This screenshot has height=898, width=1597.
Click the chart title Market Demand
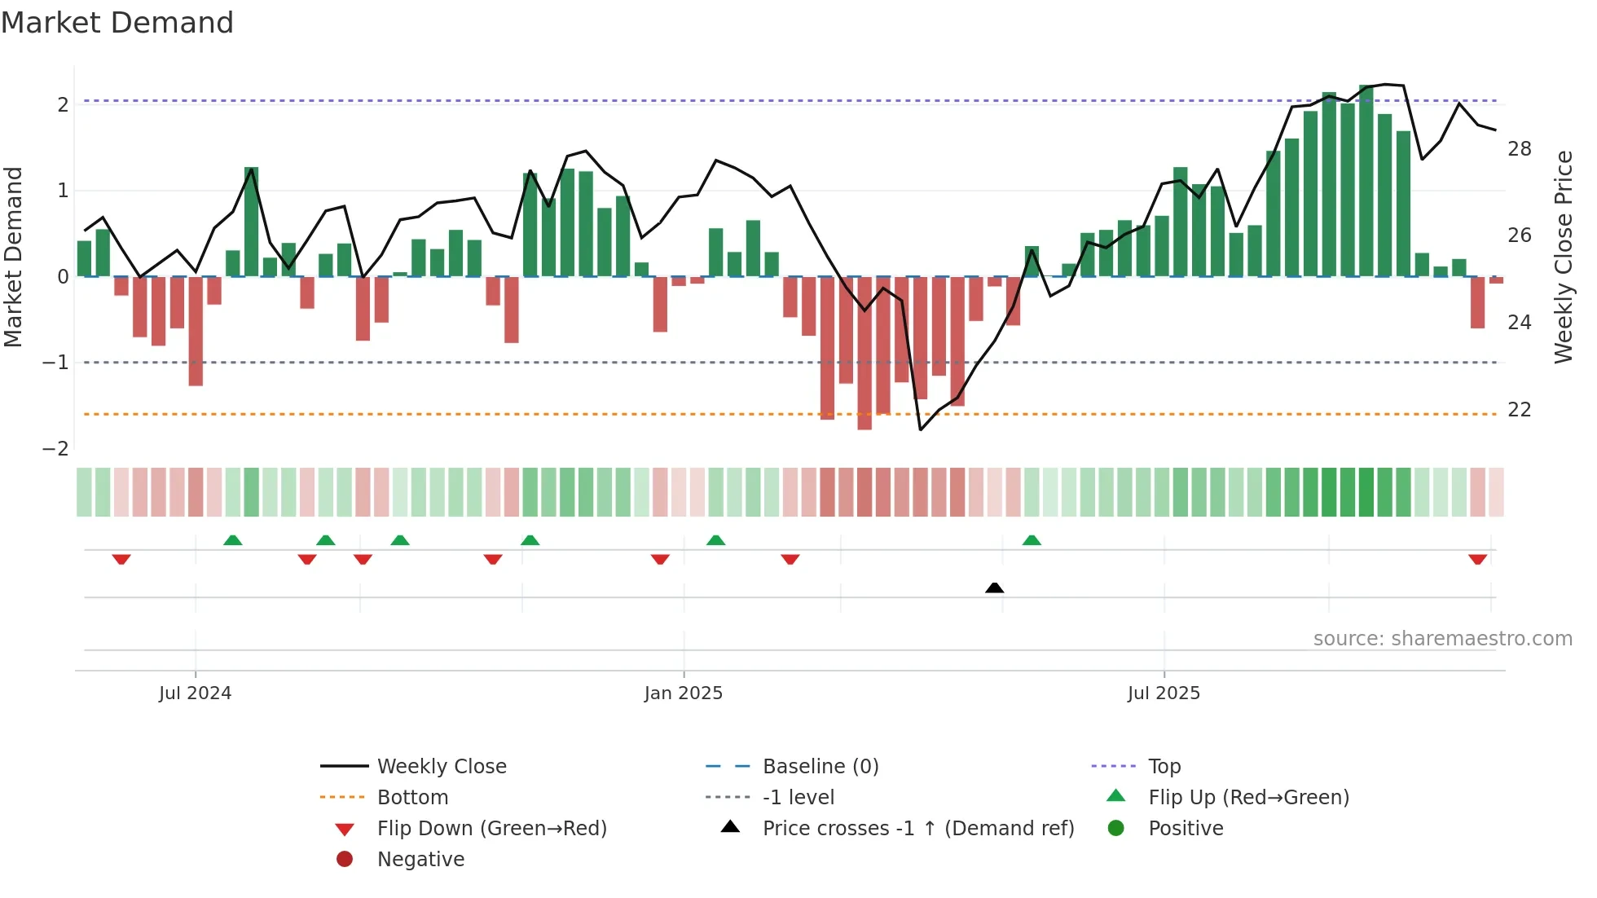point(117,23)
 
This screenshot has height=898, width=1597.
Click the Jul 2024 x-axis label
point(195,693)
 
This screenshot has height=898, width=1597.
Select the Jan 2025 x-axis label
point(683,693)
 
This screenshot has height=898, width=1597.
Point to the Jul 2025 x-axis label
point(1164,693)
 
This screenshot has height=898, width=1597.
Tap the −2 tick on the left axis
point(55,449)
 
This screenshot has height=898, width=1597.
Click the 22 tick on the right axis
point(1519,410)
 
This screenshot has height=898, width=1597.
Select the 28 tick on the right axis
point(1519,149)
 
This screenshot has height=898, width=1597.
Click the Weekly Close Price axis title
point(1563,257)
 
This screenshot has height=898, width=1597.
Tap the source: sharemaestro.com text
point(1442,639)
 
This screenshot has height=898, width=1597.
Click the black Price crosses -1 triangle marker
point(994,588)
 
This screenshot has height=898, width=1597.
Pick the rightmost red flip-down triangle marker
point(1477,559)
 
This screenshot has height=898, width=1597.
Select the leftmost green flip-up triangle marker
point(233,540)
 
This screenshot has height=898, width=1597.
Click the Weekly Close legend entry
point(441,767)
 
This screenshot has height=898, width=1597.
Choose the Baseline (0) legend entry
point(820,767)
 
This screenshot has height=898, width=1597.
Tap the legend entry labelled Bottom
point(412,798)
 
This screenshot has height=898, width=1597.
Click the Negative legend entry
point(420,860)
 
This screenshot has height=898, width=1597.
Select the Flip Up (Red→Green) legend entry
point(1248,798)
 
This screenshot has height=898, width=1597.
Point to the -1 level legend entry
point(798,798)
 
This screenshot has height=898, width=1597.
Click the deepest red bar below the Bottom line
point(864,353)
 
